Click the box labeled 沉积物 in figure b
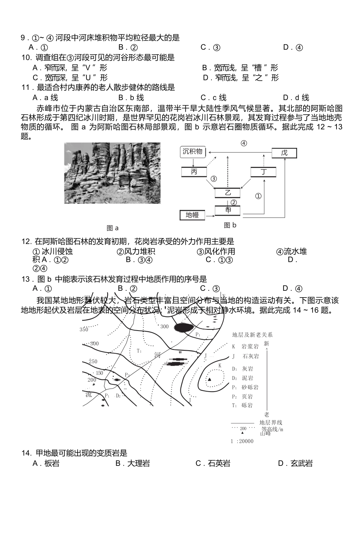(193, 152)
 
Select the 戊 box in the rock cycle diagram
(284, 153)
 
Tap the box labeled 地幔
(192, 215)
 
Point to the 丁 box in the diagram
(263, 172)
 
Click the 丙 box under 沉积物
(194, 172)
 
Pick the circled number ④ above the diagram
(244, 143)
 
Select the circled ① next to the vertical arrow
(258, 196)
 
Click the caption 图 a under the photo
(113, 228)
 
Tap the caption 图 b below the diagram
(230, 225)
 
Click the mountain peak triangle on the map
(209, 379)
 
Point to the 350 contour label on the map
(84, 329)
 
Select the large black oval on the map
(183, 327)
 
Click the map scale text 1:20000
(242, 441)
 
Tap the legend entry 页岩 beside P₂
(247, 397)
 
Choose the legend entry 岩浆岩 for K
(251, 346)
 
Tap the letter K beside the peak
(220, 365)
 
